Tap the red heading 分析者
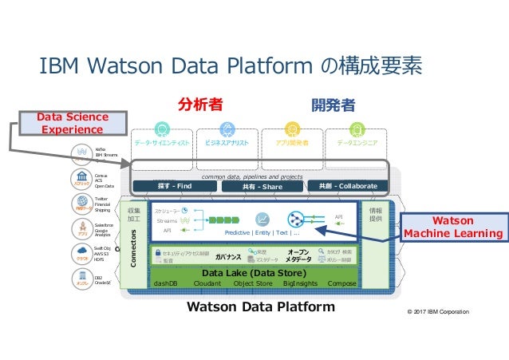pyautogui.click(x=200, y=104)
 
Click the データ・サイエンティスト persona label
pyautogui.click(x=163, y=144)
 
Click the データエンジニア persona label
pyautogui.click(x=357, y=144)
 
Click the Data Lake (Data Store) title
pyautogui.click(x=251, y=272)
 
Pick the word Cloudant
pyautogui.click(x=207, y=283)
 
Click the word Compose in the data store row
pyautogui.click(x=341, y=283)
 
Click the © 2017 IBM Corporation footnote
pyautogui.click(x=437, y=311)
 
